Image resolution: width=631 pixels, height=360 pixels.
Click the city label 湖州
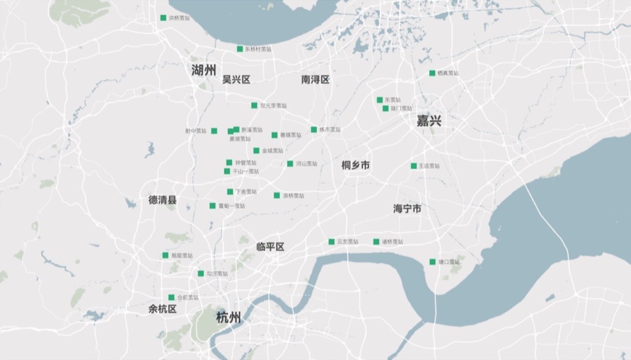point(204,70)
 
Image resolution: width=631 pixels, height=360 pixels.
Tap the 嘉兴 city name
point(429,121)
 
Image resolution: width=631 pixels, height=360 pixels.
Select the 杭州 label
point(228,318)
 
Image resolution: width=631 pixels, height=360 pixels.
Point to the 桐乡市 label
point(356,166)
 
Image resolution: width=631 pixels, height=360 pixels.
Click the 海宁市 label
point(407,208)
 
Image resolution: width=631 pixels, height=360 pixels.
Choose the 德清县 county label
point(162,200)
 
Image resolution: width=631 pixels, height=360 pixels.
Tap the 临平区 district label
point(270,247)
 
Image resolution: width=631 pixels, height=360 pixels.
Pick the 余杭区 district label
point(162,309)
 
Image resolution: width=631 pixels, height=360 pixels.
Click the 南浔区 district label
point(315,79)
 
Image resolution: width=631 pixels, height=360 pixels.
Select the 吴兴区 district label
point(236,79)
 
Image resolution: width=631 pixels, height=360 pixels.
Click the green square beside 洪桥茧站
point(163,18)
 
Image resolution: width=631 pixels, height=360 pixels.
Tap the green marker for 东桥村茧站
point(240,49)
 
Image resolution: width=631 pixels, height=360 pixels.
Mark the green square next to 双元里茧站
point(254,105)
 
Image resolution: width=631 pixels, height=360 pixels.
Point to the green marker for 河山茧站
point(290,164)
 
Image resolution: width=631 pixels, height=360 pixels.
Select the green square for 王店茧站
point(413,166)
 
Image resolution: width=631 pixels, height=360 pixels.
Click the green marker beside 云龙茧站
point(331,242)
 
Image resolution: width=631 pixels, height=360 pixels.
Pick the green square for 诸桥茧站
point(377,242)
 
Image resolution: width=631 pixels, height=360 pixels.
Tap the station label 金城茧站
point(272,151)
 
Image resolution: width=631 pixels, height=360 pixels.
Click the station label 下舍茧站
point(246,192)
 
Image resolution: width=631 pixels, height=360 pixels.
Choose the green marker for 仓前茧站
point(172,298)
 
